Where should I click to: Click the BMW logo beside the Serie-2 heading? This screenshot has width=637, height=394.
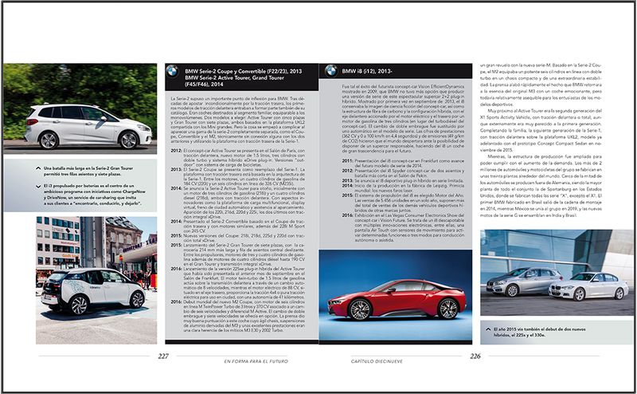point(171,73)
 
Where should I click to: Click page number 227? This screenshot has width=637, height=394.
point(163,356)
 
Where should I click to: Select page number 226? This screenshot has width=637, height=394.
point(476,356)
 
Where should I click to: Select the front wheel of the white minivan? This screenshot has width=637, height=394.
point(123,140)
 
